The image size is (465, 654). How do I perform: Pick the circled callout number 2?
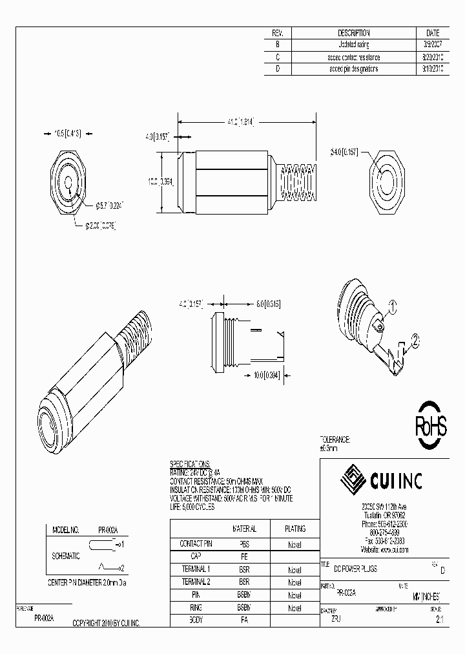click(416, 338)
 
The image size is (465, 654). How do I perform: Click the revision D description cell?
click(353, 69)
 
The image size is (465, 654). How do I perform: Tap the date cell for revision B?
click(433, 45)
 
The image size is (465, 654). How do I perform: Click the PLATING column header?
click(294, 528)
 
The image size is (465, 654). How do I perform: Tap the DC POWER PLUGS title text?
click(356, 567)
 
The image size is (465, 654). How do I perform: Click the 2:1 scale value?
click(440, 619)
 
